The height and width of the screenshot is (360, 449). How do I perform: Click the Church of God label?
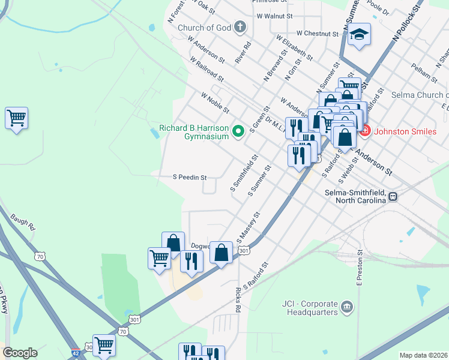(204, 27)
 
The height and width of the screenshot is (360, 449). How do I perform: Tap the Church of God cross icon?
(240, 27)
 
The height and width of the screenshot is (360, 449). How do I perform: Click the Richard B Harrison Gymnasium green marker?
(238, 130)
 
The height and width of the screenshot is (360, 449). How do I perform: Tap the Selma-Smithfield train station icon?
(393, 196)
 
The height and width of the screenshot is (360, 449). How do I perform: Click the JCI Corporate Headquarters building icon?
(346, 308)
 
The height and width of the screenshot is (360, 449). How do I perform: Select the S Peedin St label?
(190, 178)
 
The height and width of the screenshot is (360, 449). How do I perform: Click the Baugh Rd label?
(23, 223)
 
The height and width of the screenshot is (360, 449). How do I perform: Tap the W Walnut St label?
(274, 16)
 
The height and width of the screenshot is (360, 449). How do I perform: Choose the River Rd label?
(243, 53)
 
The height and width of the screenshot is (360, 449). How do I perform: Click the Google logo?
(20, 353)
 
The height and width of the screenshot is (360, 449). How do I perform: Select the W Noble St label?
(215, 103)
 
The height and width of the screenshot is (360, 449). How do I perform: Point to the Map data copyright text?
(424, 355)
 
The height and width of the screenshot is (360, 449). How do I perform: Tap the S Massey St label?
(249, 227)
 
